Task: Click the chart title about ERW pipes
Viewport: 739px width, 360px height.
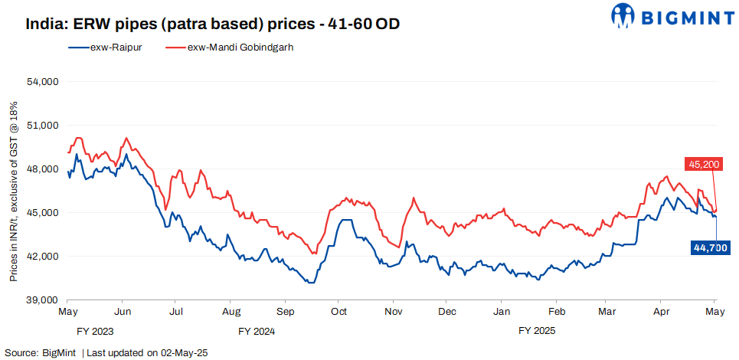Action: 213,24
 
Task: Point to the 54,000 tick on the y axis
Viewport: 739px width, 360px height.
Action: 44,81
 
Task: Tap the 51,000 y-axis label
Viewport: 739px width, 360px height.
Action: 44,125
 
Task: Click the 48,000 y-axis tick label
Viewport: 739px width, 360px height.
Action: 44,169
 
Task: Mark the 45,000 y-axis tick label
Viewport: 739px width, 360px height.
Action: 44,212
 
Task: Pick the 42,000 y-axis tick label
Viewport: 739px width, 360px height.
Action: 44,256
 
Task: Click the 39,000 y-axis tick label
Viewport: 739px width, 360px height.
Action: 44,299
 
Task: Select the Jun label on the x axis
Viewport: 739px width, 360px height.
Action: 121,312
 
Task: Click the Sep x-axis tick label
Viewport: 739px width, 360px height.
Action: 285,312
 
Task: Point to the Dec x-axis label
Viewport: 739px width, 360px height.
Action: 448,312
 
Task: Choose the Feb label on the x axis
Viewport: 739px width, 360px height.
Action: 558,312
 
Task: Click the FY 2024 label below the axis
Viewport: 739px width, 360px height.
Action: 256,332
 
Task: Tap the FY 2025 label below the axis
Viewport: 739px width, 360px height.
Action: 537,332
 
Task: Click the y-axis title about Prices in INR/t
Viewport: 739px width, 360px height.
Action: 13,191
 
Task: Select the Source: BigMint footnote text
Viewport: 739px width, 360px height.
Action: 106,352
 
